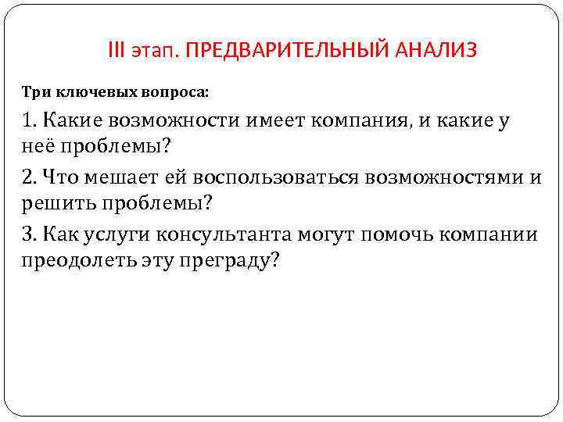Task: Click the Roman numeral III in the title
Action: pyautogui.click(x=116, y=52)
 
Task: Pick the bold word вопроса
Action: pyautogui.click(x=176, y=91)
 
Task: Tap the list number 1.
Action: pyautogui.click(x=27, y=120)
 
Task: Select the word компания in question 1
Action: pyautogui.click(x=369, y=120)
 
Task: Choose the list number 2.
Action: pyautogui.click(x=29, y=177)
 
